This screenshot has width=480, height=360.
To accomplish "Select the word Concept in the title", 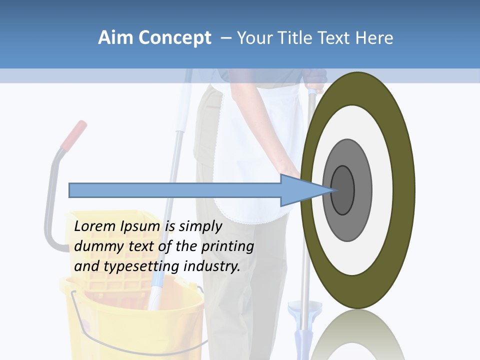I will pos(175,38).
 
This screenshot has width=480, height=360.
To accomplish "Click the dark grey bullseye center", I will pos(343,190).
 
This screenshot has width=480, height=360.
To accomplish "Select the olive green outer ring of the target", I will pos(402,190).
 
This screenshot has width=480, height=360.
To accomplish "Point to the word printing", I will pos(227,247).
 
